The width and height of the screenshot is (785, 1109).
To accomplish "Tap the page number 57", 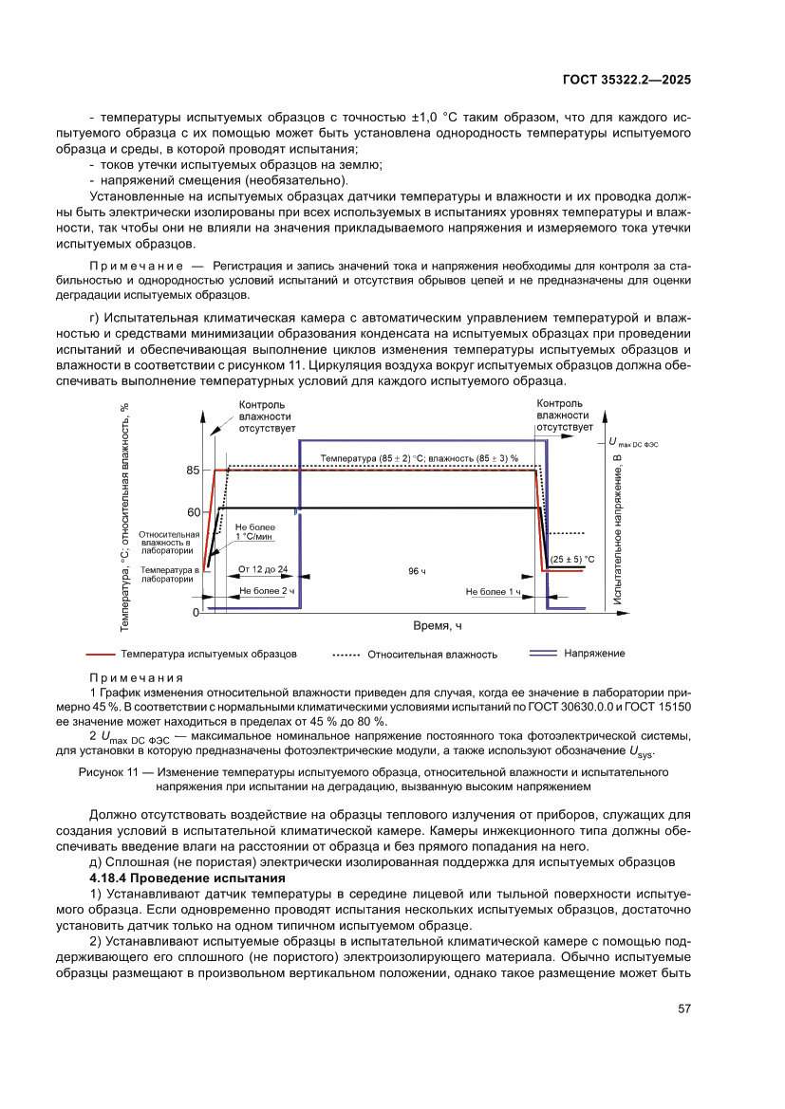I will click(x=682, y=1008).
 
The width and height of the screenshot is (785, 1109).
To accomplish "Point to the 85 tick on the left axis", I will click(x=193, y=471).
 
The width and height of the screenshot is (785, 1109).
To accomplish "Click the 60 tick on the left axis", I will click(x=193, y=512).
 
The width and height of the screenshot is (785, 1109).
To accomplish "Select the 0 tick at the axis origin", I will click(x=195, y=613).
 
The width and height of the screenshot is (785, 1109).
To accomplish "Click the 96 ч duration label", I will click(x=417, y=572).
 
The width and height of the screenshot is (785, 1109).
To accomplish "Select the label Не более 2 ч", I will click(x=268, y=591).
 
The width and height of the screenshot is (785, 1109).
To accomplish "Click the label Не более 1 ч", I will click(x=494, y=591).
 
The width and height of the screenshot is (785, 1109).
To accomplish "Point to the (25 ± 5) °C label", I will click(x=572, y=560).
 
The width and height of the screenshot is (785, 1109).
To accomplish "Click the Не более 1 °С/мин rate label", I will click(x=254, y=531).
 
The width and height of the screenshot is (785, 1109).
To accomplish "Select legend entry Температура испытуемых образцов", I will click(x=208, y=654).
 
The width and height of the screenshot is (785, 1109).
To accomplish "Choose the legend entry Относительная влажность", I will click(x=432, y=655).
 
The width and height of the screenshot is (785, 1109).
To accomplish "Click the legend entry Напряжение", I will click(x=594, y=654).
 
